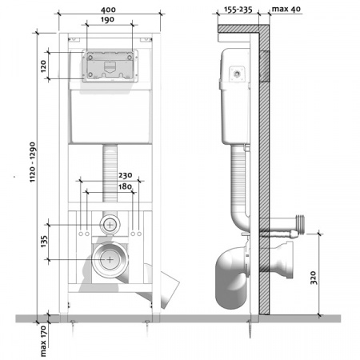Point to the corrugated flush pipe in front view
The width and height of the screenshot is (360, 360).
click(x=110, y=172)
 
